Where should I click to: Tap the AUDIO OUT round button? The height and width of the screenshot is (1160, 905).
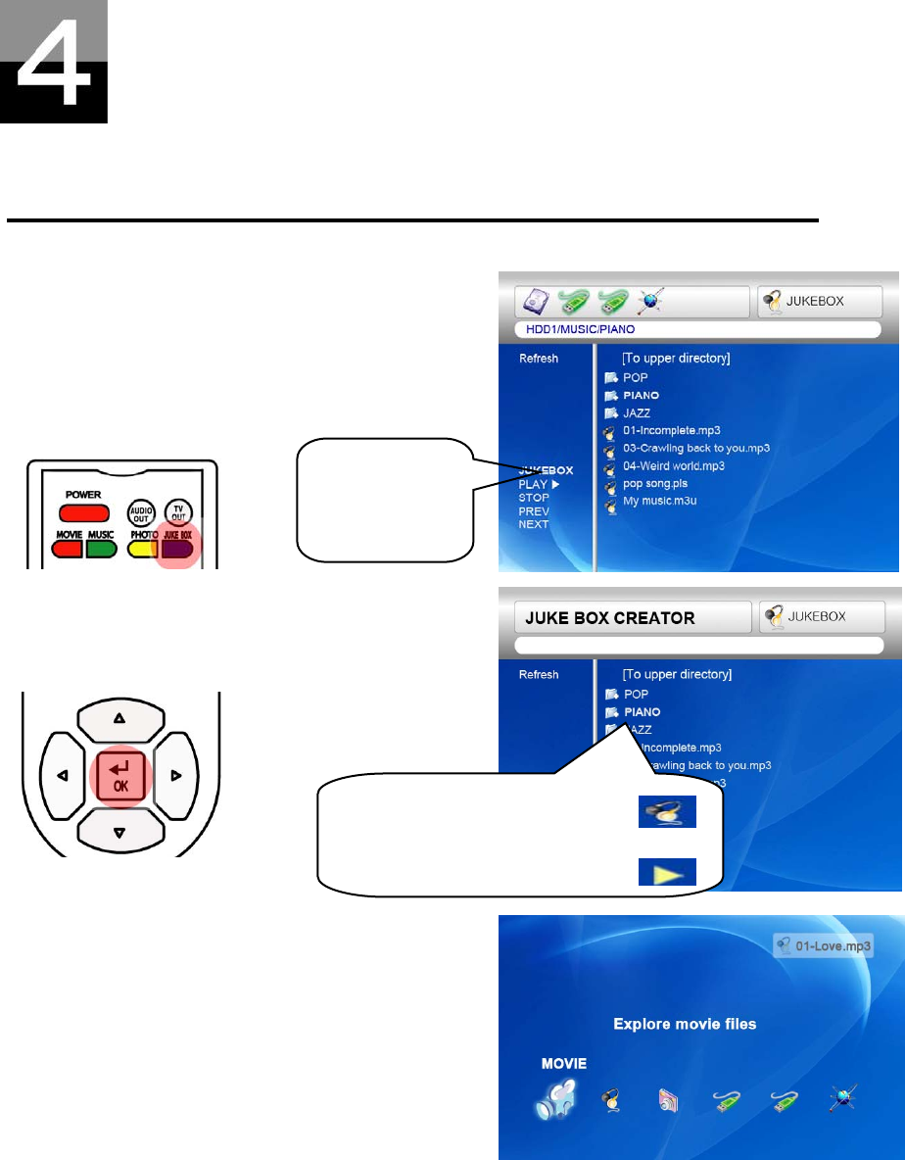click(141, 513)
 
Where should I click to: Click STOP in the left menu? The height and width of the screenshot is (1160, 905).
click(534, 498)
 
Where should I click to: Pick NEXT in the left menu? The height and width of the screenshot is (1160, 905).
click(534, 524)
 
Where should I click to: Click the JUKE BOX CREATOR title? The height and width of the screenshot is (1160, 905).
click(610, 618)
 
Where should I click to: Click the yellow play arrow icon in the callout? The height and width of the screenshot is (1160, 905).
click(667, 871)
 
